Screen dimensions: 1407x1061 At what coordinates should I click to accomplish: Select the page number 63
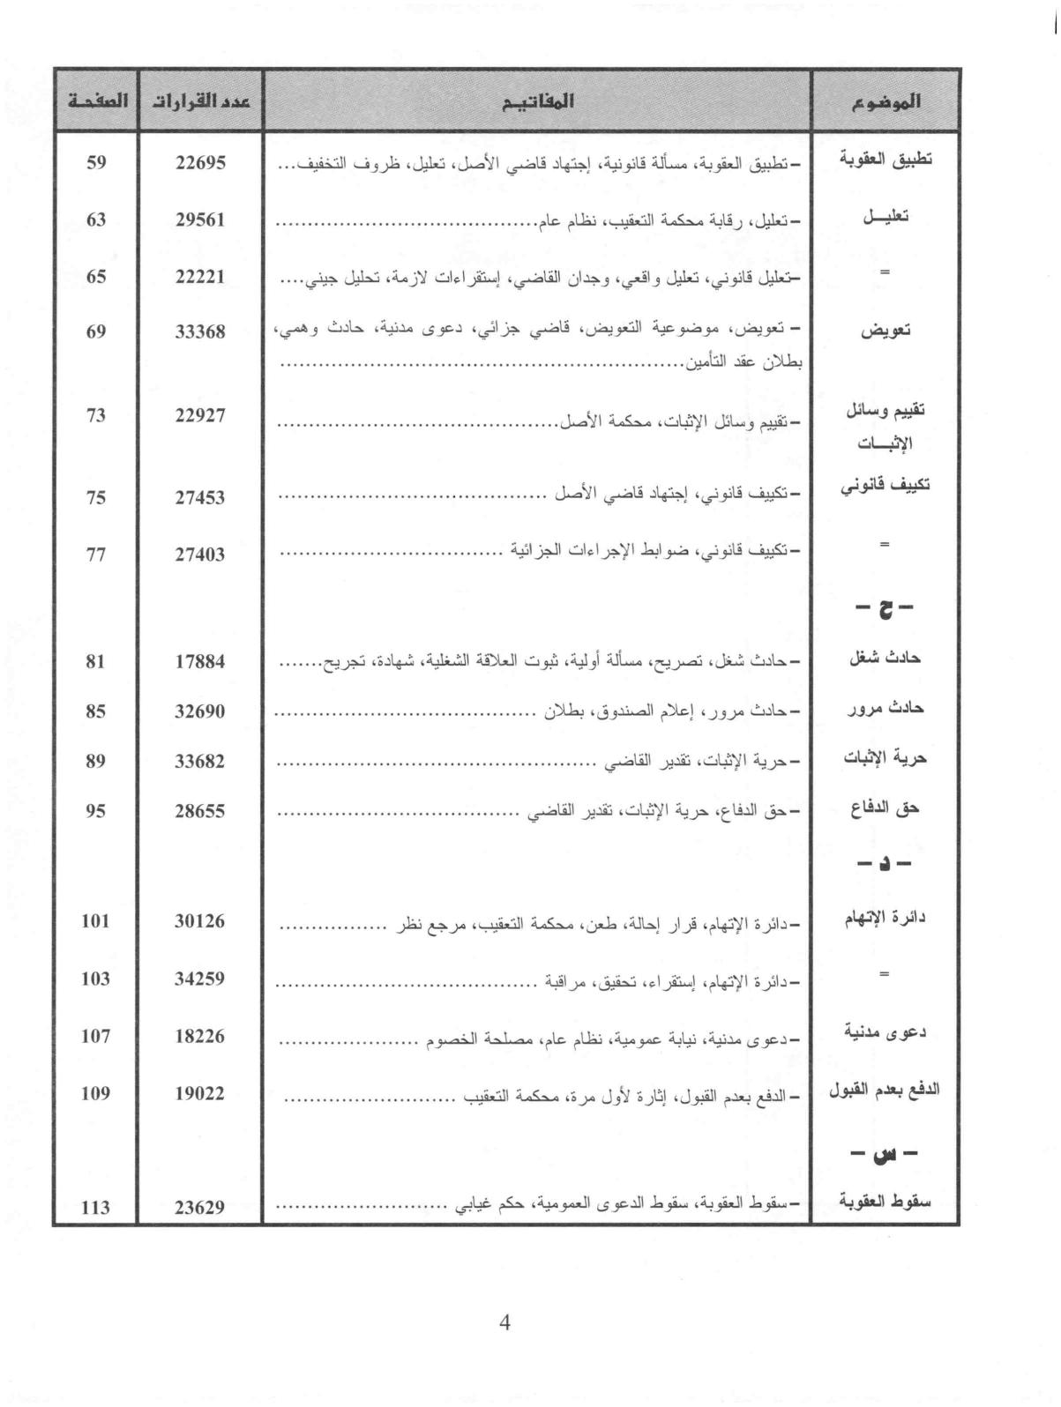[96, 219]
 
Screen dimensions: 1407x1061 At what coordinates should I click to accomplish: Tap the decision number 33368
[200, 331]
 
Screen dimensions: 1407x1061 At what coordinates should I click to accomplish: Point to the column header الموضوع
[885, 100]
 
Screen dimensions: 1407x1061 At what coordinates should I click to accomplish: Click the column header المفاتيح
[537, 100]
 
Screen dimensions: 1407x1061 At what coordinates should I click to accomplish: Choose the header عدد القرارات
[200, 100]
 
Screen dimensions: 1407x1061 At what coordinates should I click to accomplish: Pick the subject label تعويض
[885, 331]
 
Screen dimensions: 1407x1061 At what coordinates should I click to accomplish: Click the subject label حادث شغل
[885, 659]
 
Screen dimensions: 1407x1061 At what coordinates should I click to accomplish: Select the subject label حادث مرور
[885, 710]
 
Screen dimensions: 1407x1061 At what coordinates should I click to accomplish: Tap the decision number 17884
[200, 660]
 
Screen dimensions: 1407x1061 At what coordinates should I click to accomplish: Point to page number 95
[96, 810]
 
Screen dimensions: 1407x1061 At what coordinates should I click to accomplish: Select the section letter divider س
[885, 1153]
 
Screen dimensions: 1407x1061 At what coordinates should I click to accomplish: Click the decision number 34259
[200, 979]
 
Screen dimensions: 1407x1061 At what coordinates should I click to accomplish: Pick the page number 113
[96, 1207]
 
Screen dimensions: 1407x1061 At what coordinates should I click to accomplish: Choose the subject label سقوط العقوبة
[885, 1202]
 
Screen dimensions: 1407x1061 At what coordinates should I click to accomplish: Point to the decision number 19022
[200, 1093]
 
